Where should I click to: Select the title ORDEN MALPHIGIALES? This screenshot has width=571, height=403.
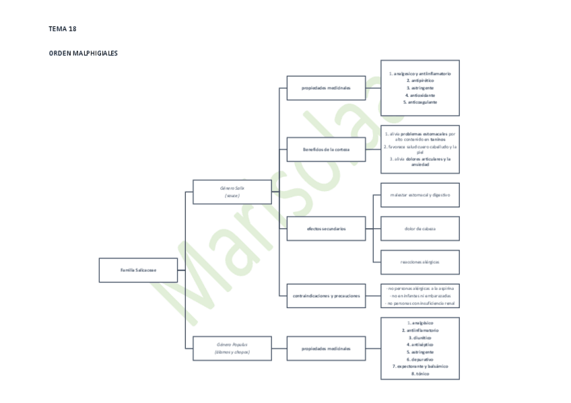83,53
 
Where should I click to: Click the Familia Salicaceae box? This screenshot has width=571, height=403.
138,270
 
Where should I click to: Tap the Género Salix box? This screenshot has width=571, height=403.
232,192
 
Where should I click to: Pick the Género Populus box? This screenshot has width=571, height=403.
232,348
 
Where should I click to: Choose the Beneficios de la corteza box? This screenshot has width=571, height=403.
326,149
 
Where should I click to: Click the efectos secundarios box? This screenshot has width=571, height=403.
326,229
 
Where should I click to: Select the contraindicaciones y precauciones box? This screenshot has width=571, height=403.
326,295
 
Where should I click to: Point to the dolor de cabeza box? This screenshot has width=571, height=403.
420,229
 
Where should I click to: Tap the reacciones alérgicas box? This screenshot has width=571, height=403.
420,262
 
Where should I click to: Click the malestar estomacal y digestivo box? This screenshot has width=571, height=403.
420,195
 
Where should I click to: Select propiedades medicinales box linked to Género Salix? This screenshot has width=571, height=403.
326,87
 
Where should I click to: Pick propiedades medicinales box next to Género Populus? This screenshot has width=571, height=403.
326,349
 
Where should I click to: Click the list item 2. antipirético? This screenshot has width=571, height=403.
420,80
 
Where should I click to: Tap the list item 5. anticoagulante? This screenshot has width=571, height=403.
420,102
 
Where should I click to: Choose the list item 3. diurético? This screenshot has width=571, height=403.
420,338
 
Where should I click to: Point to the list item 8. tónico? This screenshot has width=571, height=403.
420,373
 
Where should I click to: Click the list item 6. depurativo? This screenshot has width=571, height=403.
420,359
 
